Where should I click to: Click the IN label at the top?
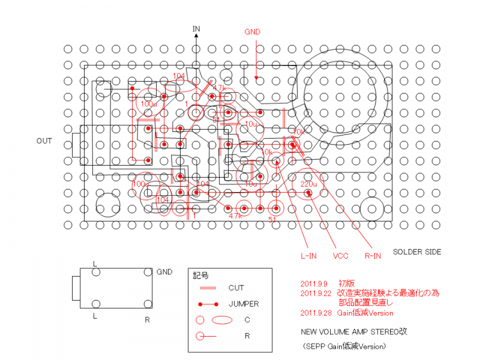pyautogui.click(x=196, y=29)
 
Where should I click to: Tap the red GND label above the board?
pyautogui.click(x=253, y=31)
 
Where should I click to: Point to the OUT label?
pyautogui.click(x=44, y=141)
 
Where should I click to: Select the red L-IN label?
pyautogui.click(x=308, y=256)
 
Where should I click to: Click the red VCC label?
pyautogui.click(x=341, y=256)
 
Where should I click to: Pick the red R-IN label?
pyautogui.click(x=373, y=256)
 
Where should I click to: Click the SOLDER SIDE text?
pyautogui.click(x=416, y=251)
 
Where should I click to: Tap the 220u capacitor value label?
pyautogui.click(x=308, y=184)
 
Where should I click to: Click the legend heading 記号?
pyautogui.click(x=202, y=276)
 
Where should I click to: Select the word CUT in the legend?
pyautogui.click(x=236, y=288)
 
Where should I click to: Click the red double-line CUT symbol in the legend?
pyautogui.click(x=207, y=288)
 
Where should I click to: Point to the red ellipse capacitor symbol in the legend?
pyautogui.click(x=221, y=320)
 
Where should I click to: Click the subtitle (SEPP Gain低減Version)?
pyautogui.click(x=343, y=346)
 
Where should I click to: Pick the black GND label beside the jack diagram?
pyautogui.click(x=164, y=272)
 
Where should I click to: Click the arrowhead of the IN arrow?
pyautogui.click(x=196, y=37)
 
